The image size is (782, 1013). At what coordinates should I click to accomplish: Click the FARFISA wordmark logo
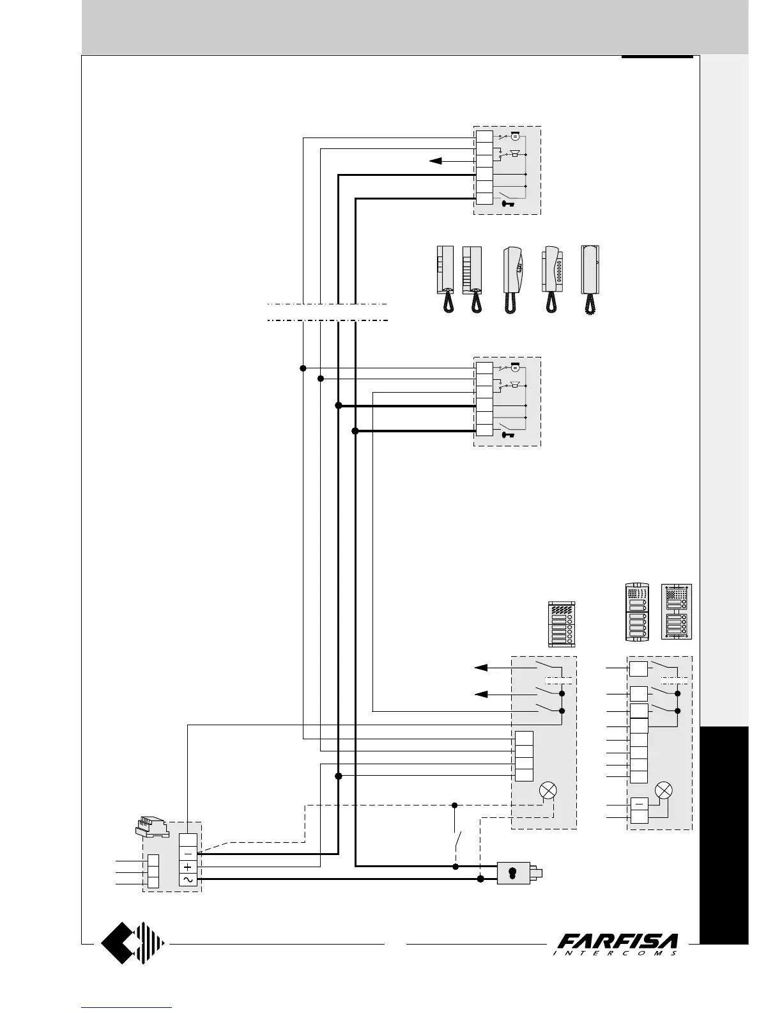point(618,944)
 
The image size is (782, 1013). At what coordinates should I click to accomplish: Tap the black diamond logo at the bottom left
point(133,942)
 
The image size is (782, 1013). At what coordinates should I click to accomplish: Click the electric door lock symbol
point(518,872)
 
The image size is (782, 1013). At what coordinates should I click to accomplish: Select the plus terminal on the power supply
point(188,867)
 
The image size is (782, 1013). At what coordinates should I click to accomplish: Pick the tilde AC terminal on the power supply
point(188,880)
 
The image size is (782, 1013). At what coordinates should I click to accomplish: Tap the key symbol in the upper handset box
point(509,204)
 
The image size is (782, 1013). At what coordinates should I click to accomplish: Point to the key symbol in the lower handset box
point(509,435)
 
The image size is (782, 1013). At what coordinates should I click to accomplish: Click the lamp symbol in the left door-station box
point(548,790)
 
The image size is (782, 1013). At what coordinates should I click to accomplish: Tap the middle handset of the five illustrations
point(512,279)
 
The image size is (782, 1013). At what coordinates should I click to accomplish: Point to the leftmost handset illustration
point(445,279)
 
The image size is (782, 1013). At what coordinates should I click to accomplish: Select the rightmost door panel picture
point(677,611)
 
